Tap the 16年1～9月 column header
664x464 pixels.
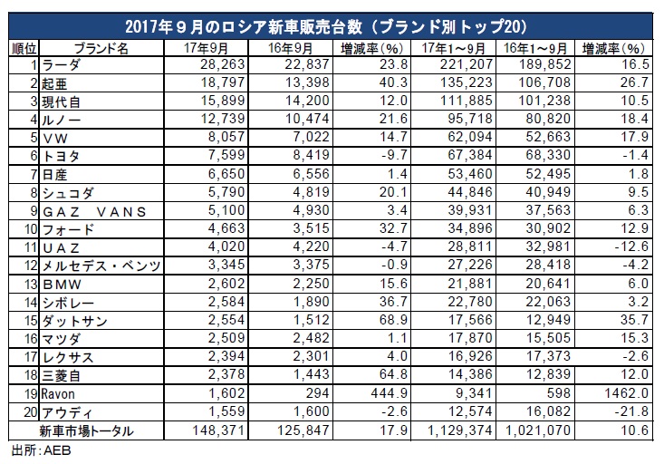pyautogui.click(x=525, y=46)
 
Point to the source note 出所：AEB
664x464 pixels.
pyautogui.click(x=34, y=450)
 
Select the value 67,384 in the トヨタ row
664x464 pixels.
pyautogui.click(x=443, y=156)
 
